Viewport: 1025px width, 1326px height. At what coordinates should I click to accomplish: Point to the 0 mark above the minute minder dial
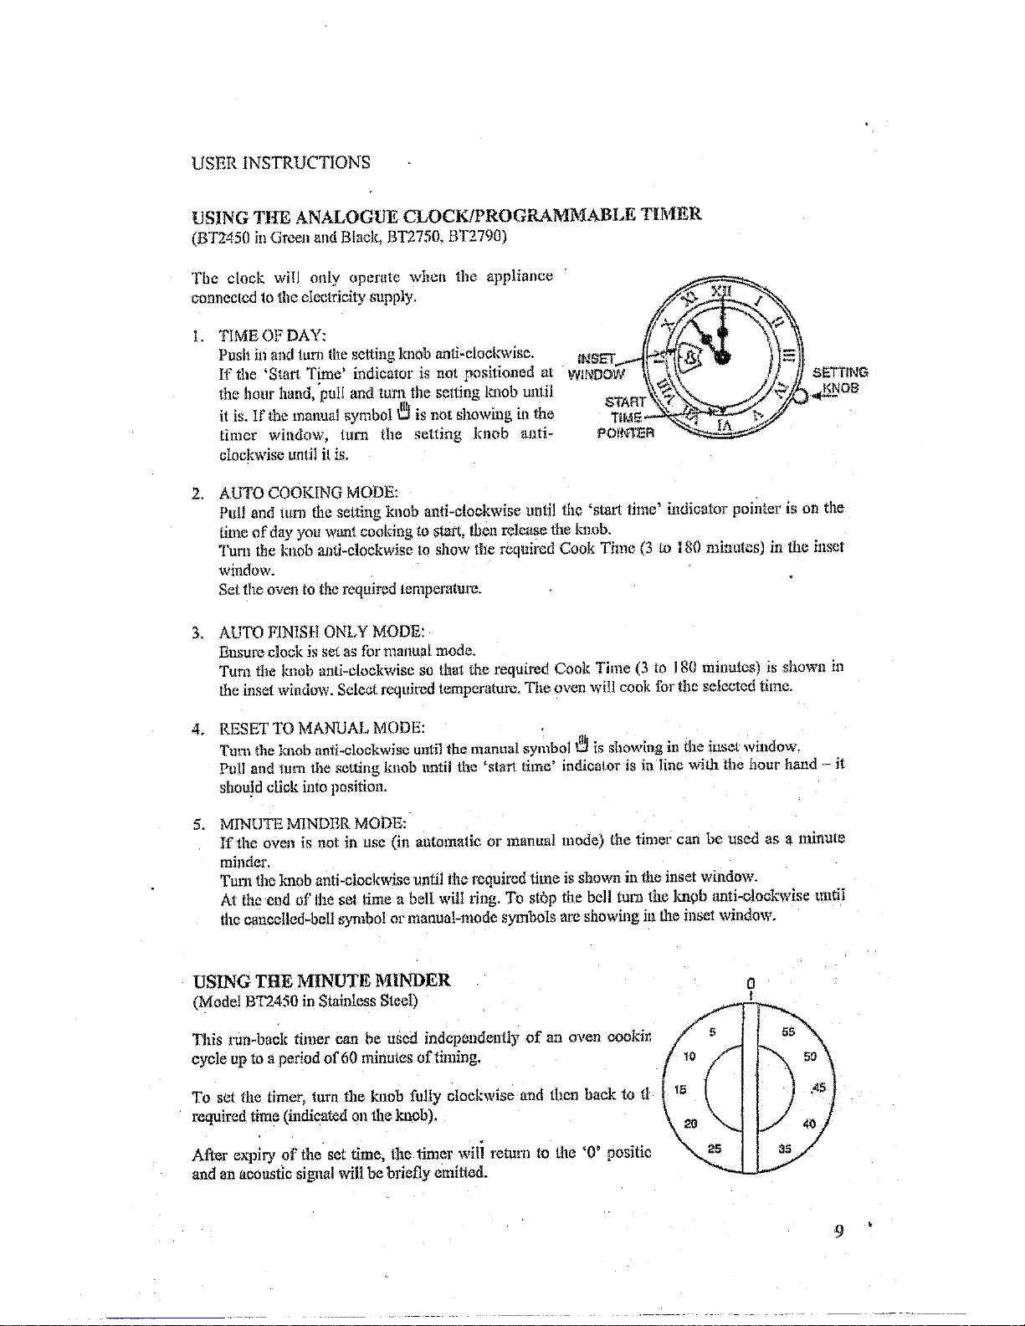tap(752, 983)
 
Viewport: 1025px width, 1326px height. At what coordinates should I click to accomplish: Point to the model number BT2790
tap(476, 235)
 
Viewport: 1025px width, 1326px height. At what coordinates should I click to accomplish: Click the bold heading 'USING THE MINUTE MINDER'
tap(322, 980)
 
